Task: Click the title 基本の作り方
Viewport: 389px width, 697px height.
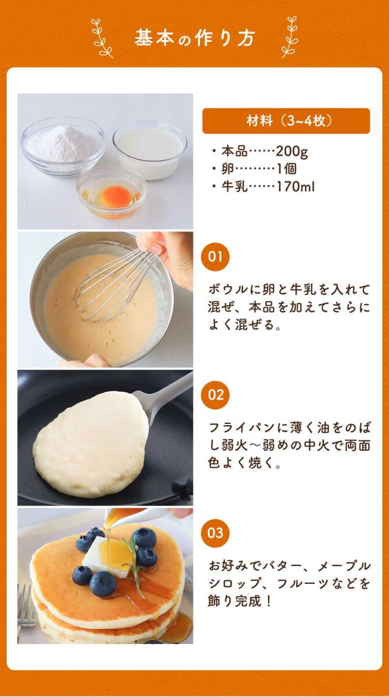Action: pos(194,38)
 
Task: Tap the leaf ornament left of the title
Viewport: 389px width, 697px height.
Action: pos(102,38)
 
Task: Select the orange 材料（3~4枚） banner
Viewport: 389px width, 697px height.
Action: pos(286,120)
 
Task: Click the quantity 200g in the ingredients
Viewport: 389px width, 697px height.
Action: pos(292,151)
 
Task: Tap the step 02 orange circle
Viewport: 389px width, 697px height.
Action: pos(215,395)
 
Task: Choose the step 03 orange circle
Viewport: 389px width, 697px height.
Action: pos(215,533)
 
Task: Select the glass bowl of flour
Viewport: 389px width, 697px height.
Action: pos(62,144)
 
